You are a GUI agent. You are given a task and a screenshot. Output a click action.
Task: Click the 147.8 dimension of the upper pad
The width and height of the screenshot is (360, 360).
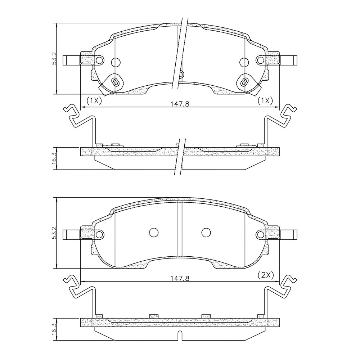point(180,104)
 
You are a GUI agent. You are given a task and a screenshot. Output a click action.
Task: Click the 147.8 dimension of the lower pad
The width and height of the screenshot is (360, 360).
point(180,278)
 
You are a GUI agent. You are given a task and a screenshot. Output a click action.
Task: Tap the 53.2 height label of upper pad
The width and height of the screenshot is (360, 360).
point(54,58)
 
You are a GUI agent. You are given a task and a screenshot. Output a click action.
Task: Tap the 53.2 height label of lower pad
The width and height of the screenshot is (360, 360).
point(54,233)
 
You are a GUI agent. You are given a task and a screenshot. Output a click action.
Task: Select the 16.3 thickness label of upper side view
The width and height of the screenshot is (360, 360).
point(54,158)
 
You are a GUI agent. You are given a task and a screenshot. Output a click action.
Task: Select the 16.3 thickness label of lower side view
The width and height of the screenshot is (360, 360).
point(54,329)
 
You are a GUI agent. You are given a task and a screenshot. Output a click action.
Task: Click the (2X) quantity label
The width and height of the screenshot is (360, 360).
point(266,275)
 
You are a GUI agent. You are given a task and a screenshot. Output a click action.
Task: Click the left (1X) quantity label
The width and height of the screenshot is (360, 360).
point(94,101)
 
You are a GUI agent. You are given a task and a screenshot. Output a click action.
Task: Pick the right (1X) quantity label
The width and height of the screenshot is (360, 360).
point(266,101)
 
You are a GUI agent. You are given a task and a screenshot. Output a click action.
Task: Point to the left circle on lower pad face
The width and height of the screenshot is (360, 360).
point(154,233)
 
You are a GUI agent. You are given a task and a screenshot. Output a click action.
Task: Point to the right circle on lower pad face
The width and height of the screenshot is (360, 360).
point(206,233)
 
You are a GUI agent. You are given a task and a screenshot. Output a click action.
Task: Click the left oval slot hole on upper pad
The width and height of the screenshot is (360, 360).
point(116,81)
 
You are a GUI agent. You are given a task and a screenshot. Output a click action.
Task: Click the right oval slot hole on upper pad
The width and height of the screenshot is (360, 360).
point(244,81)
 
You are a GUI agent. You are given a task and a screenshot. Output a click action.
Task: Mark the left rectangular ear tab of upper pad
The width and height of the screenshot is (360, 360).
point(71,60)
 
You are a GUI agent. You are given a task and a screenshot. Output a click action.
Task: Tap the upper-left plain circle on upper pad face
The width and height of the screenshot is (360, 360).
point(116,62)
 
